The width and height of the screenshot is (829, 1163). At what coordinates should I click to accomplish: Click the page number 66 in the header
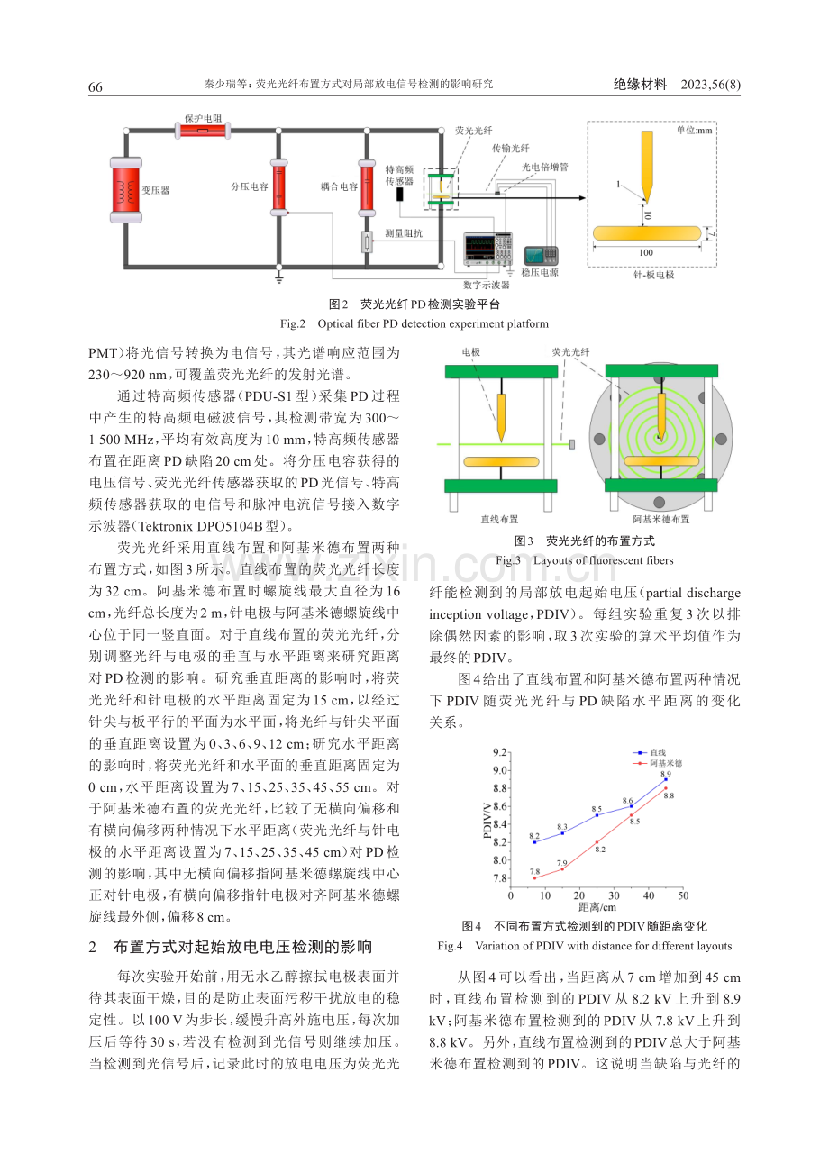(x=95, y=86)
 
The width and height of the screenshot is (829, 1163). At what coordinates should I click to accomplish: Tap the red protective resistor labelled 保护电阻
(x=203, y=131)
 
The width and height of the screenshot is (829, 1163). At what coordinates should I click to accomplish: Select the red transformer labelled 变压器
(x=125, y=190)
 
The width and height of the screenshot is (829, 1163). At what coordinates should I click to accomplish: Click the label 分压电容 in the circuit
(x=250, y=186)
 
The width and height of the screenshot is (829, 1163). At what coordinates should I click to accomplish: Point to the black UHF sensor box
(x=400, y=195)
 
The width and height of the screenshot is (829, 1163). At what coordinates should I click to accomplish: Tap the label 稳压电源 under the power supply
(x=540, y=273)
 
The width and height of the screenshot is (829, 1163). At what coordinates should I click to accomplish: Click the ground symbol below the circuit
(x=279, y=278)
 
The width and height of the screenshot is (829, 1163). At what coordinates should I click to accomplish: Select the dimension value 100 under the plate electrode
(x=646, y=253)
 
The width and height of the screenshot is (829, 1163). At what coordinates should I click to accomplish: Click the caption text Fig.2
(x=293, y=324)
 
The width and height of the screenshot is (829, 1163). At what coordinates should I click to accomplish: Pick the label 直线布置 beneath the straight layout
(x=499, y=519)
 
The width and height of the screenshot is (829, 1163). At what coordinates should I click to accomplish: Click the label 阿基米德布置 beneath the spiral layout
(x=661, y=519)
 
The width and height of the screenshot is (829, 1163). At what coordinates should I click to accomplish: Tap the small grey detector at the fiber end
(x=572, y=444)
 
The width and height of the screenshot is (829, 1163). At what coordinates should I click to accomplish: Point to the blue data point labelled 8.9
(x=666, y=780)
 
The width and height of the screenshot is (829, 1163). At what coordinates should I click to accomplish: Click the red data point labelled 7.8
(x=534, y=878)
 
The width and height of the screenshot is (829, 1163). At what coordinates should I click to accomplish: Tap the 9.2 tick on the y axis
(x=500, y=752)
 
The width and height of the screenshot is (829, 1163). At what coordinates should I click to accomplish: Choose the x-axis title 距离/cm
(x=597, y=907)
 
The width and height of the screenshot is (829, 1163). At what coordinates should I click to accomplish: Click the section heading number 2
(x=93, y=948)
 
